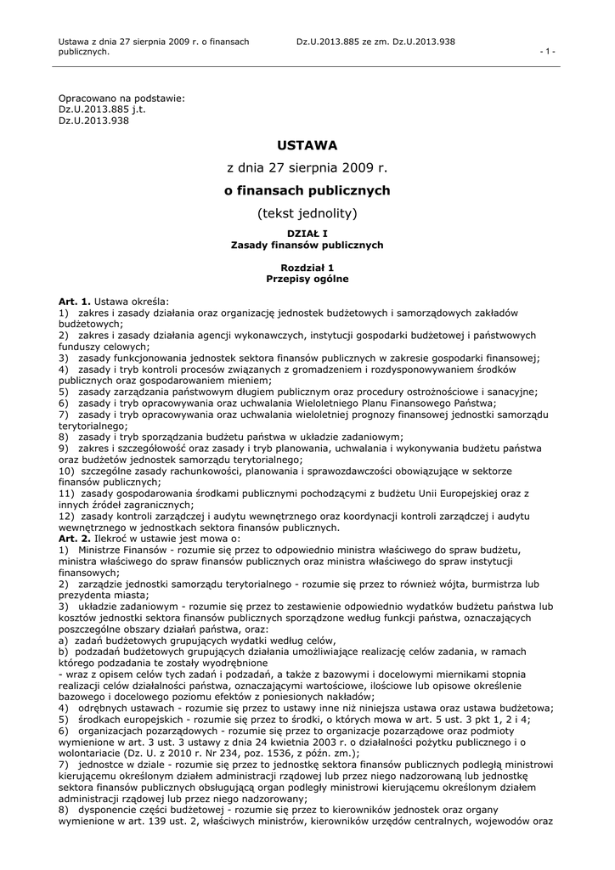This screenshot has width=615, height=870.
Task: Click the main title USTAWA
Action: (x=307, y=145)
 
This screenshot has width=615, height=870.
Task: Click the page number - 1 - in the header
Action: (x=548, y=51)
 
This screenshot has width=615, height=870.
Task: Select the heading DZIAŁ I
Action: (x=307, y=234)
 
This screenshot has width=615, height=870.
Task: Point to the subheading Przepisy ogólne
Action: (x=307, y=279)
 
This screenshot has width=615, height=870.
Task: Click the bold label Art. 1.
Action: (x=74, y=302)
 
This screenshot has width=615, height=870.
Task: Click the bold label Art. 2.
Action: (x=74, y=539)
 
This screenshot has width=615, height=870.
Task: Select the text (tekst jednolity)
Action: (x=307, y=212)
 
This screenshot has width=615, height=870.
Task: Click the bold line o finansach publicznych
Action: (x=307, y=190)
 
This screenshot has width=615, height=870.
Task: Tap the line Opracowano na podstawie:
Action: (x=121, y=99)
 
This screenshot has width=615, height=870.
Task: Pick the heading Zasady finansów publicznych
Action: (x=307, y=245)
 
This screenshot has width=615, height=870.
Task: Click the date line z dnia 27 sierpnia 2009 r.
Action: (x=307, y=168)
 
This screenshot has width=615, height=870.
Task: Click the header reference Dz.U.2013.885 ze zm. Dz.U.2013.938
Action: (x=376, y=41)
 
